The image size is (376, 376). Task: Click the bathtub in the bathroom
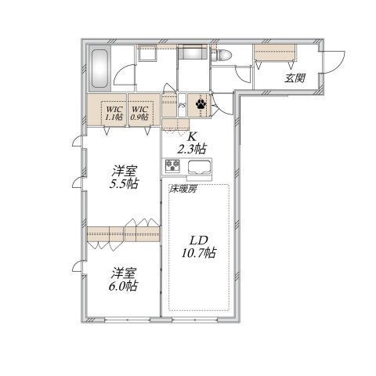coord(100,68)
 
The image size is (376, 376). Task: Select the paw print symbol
coord(201,104)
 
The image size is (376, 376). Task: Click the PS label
coord(183,106)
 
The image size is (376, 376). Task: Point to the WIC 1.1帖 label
coord(114,113)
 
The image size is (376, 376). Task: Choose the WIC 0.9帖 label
coord(139,113)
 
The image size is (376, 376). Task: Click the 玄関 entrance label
coord(295,78)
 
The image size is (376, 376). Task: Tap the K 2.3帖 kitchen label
coord(191,143)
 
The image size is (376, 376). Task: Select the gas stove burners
coord(172,165)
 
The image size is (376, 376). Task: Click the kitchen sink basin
coord(199,167)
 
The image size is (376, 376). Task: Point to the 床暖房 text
coord(183,189)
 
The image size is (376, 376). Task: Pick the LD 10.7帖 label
coord(199,247)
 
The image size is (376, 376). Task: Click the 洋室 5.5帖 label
coord(124,177)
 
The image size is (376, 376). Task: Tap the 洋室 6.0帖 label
coord(123,280)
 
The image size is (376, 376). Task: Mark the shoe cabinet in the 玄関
coord(275,53)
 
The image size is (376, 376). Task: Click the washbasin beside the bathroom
coord(147,53)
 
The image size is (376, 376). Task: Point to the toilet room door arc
coord(241,74)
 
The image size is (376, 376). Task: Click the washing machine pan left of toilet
coord(193,52)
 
